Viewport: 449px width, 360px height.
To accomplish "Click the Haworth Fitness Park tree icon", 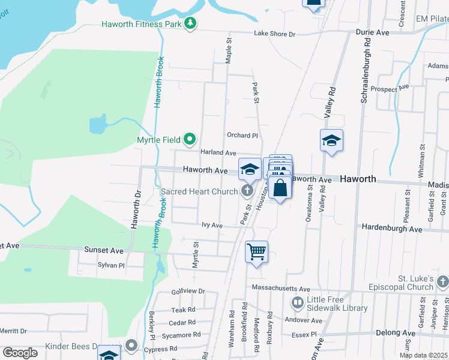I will pyautogui.click(x=190, y=23).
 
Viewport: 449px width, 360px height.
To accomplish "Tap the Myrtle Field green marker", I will pyautogui.click(x=190, y=140).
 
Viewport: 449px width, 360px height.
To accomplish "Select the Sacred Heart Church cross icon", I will pyautogui.click(x=247, y=191).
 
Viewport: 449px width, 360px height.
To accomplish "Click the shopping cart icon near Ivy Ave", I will pyautogui.click(x=256, y=251).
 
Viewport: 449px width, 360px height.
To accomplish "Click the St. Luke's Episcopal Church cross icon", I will pyautogui.click(x=442, y=281).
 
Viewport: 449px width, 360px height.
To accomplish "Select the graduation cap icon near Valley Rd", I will pyautogui.click(x=331, y=140).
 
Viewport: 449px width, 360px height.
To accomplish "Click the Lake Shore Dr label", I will pyautogui.click(x=275, y=34).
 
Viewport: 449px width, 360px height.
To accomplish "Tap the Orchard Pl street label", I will pyautogui.click(x=242, y=136).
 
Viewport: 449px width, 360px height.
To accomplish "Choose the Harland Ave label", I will pyautogui.click(x=218, y=154).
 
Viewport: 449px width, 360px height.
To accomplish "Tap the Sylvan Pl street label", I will pyautogui.click(x=110, y=265).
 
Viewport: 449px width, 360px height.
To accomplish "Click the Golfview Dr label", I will pyautogui.click(x=188, y=291).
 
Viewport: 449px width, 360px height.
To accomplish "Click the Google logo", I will pyautogui.click(x=20, y=353).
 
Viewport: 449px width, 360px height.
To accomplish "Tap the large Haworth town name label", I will pyautogui.click(x=358, y=179).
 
